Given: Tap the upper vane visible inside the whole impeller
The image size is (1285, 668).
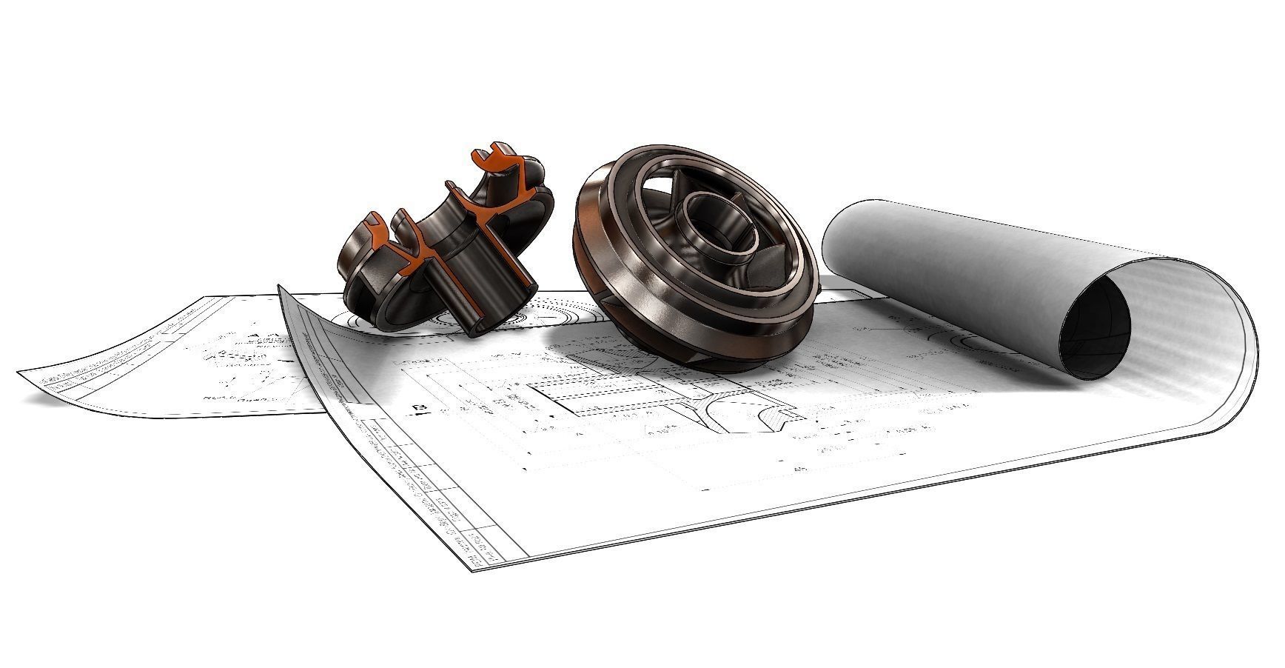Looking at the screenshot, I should click(x=677, y=185).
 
